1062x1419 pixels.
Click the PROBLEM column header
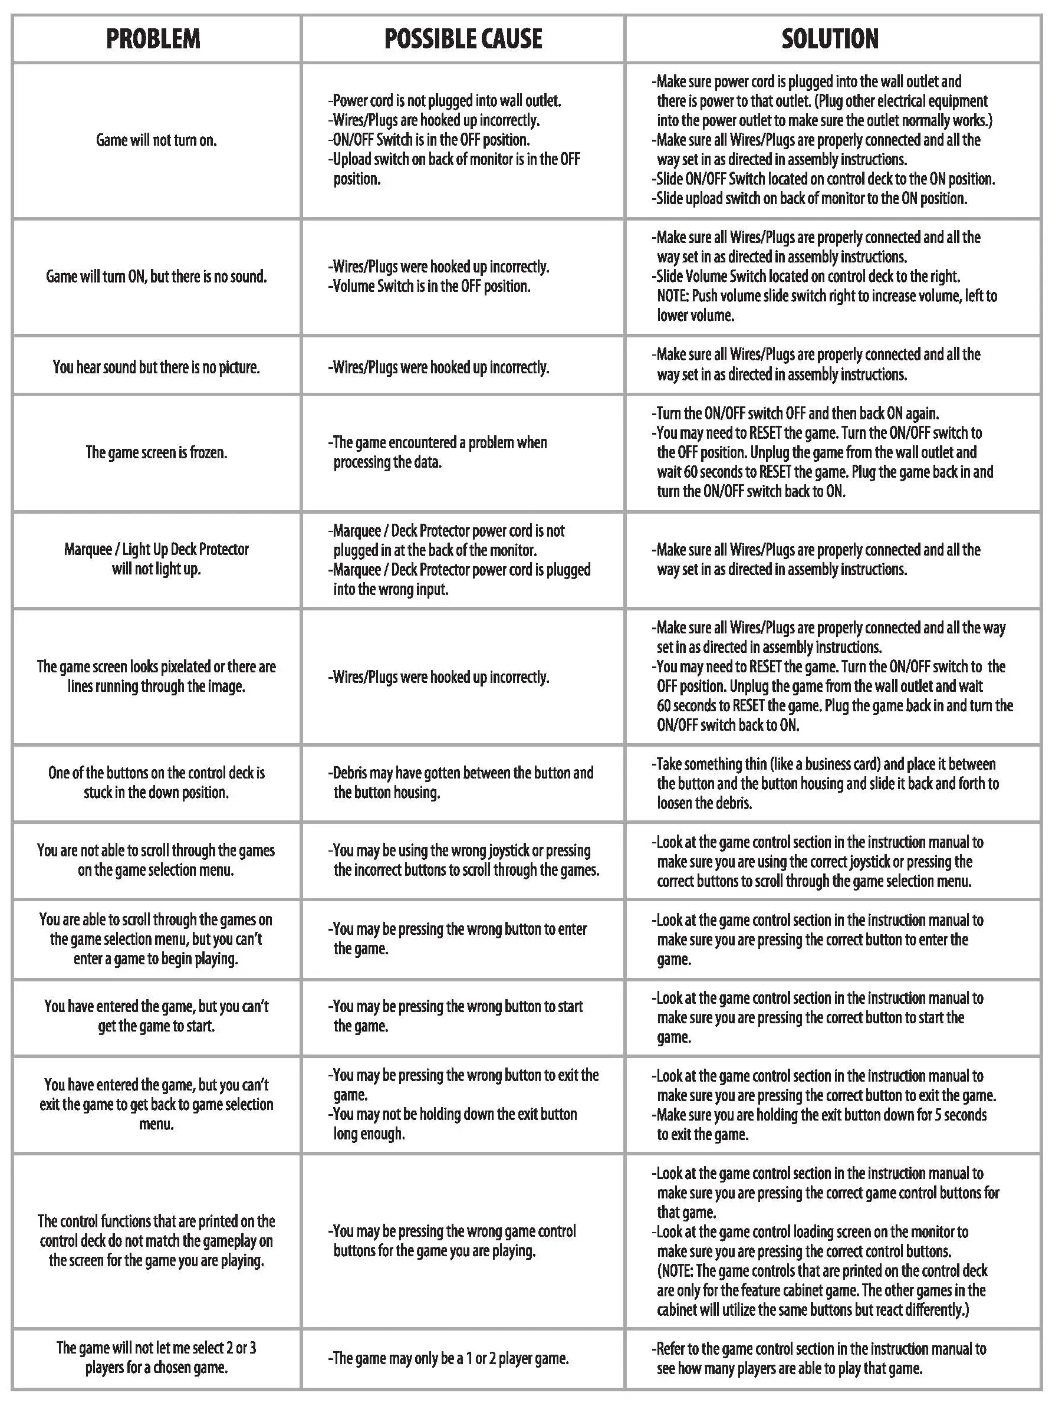pos(153,39)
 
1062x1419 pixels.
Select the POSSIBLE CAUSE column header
pos(462,39)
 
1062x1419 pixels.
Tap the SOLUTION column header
pos(829,39)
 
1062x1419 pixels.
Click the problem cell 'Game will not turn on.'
pos(156,140)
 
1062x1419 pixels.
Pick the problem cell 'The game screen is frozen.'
pos(156,452)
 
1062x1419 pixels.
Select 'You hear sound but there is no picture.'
pos(156,367)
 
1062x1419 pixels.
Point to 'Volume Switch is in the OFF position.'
pos(430,286)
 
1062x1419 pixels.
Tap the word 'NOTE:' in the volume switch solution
pos(673,295)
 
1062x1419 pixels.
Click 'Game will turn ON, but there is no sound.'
pos(156,277)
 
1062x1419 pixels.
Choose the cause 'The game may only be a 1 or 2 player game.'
pos(449,1358)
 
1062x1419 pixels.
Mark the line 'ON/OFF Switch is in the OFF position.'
pos(430,140)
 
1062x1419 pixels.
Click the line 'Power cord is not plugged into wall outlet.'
pos(445,101)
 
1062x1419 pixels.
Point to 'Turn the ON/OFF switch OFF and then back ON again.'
pos(795,413)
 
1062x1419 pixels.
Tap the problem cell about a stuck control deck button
pos(156,783)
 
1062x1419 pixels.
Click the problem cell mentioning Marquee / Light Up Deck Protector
pos(156,559)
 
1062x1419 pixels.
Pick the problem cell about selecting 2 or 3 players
pos(156,1358)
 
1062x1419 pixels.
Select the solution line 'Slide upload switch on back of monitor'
pos(810,198)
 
